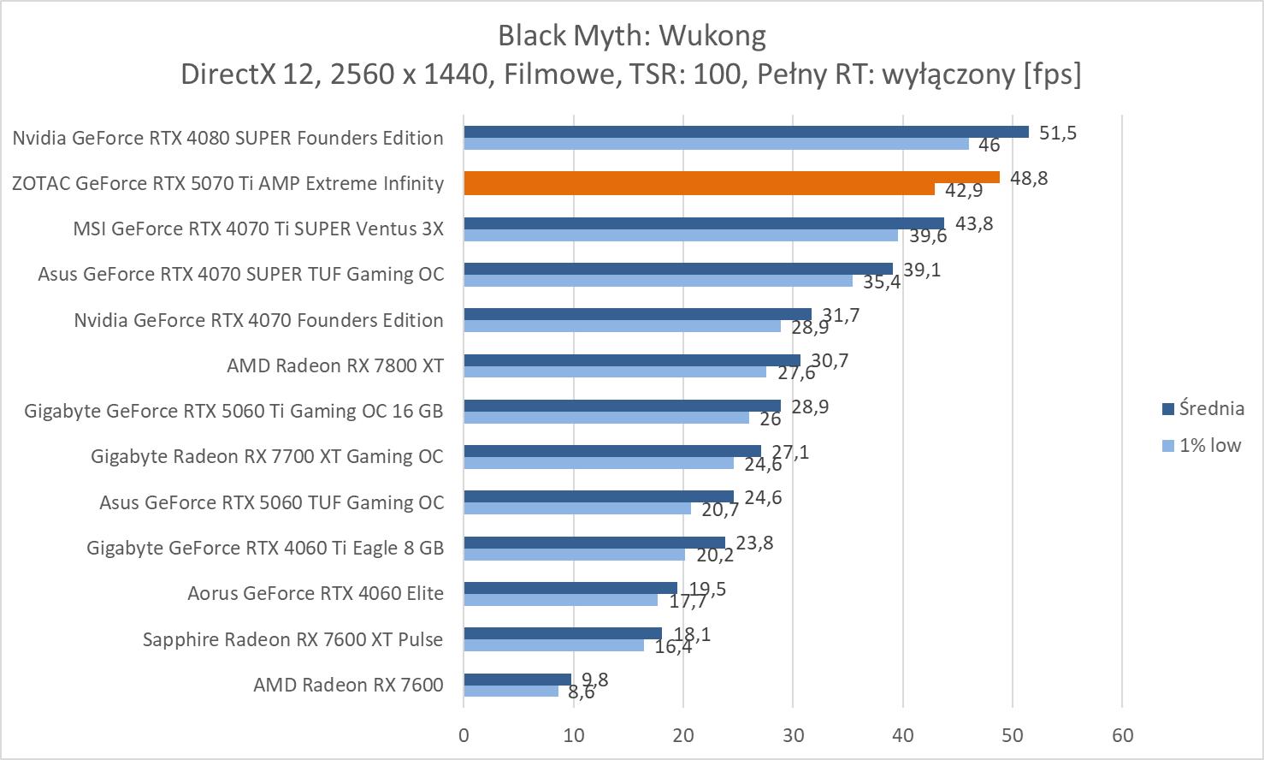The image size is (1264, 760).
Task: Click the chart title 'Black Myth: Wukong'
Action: pyautogui.click(x=631, y=36)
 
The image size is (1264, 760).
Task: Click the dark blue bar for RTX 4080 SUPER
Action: pyautogui.click(x=746, y=132)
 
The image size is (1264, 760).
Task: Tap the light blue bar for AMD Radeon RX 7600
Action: pyautogui.click(x=511, y=691)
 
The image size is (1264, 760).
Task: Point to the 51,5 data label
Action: pyautogui.click(x=1058, y=133)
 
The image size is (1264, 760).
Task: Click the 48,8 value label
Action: pyautogui.click(x=1029, y=178)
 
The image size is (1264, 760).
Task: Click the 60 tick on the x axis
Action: pyautogui.click(x=1122, y=735)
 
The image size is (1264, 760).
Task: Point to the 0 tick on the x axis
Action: pyautogui.click(x=464, y=735)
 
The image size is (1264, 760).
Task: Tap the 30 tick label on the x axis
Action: pyautogui.click(x=793, y=735)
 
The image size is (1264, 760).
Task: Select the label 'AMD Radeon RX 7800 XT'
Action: pyautogui.click(x=335, y=366)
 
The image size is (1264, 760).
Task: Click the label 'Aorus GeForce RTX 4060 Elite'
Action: pyautogui.click(x=316, y=593)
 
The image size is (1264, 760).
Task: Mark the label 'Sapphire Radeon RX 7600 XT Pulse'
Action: pyautogui.click(x=293, y=639)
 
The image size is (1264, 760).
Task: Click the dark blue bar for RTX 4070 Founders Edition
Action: pyautogui.click(x=637, y=314)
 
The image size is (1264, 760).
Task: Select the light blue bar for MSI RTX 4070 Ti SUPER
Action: pyautogui.click(x=681, y=235)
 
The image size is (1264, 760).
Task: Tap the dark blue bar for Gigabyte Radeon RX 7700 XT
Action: pyautogui.click(x=612, y=451)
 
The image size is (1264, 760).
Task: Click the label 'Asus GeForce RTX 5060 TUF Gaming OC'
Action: pyautogui.click(x=272, y=502)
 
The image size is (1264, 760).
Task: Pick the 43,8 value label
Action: pyautogui.click(x=974, y=223)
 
